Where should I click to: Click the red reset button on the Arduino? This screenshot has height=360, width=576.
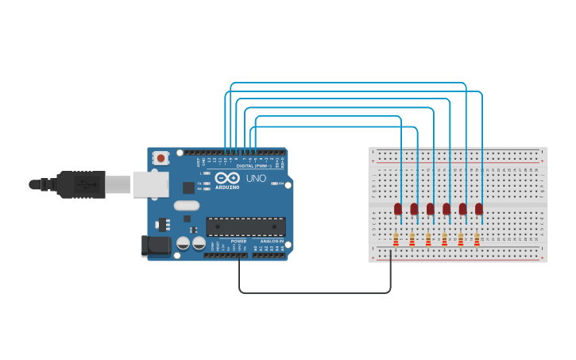pos(161,158)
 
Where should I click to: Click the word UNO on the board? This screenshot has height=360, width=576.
pos(256,179)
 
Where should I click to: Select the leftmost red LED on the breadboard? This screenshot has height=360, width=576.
pos(398,209)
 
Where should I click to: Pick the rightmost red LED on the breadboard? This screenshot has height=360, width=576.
pos(479,209)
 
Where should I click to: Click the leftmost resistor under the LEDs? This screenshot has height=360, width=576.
pos(396,238)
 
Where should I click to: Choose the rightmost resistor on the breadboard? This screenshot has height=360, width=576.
pos(477,238)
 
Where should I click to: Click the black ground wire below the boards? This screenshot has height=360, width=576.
pos(318,292)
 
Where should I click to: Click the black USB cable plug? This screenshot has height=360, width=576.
pos(79,184)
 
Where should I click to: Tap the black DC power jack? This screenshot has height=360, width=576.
pos(155,246)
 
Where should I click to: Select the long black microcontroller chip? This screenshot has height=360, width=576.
pos(245,226)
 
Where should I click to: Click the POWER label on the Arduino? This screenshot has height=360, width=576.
pos(239,241)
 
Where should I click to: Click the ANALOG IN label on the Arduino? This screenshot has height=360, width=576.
pos(271,241)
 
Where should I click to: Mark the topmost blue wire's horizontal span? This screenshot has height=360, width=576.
pos(348,83)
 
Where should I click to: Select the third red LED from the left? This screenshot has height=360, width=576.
pos(431,209)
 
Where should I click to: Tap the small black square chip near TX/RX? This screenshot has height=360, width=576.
pos(188,188)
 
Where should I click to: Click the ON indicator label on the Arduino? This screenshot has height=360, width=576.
pos(281,184)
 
